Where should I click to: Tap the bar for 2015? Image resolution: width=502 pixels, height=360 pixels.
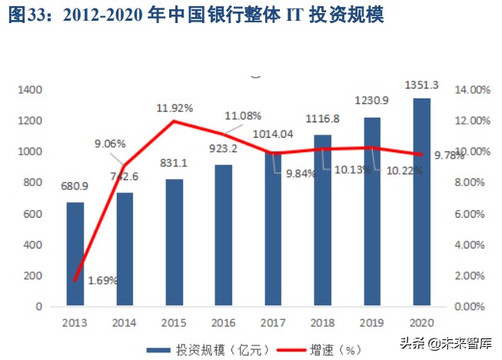pyautogui.click(x=175, y=242)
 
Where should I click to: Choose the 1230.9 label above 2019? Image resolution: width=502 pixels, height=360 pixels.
pyautogui.click(x=372, y=100)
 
